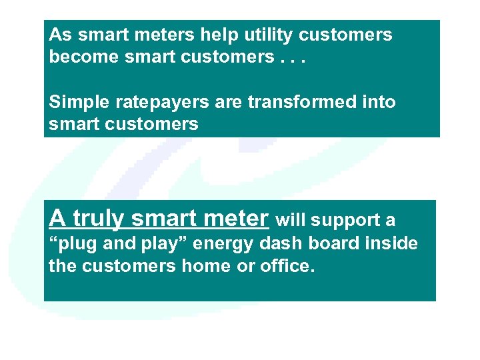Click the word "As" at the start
point(59,35)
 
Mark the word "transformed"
point(294,103)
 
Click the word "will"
point(291,219)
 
